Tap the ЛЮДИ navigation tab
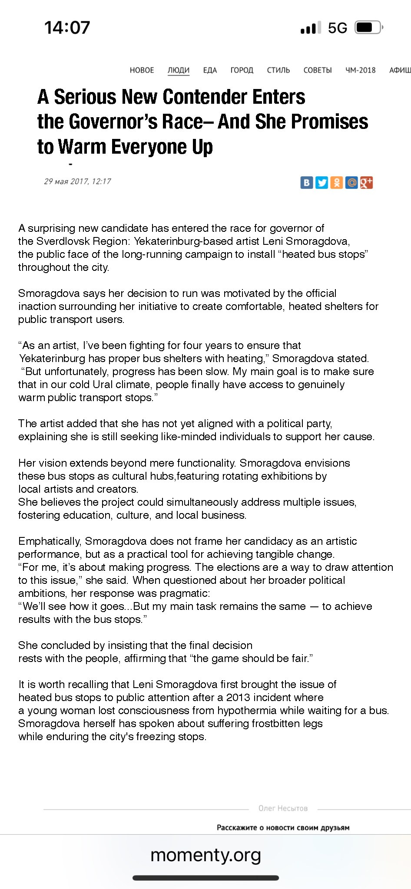point(179,70)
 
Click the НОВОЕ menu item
point(142,70)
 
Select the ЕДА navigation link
point(210,70)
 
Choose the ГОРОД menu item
point(242,70)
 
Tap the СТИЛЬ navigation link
point(278,70)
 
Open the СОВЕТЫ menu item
point(318,70)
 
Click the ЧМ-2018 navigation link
point(361,70)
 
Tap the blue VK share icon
point(307,183)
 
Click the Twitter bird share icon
point(322,183)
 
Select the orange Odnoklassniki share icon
point(337,183)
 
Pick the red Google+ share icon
point(366,183)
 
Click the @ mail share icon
point(351,183)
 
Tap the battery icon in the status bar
point(368,28)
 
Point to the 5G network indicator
point(338,28)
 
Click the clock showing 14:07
point(67,28)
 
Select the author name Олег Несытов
point(283,808)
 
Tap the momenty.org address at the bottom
point(205,855)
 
